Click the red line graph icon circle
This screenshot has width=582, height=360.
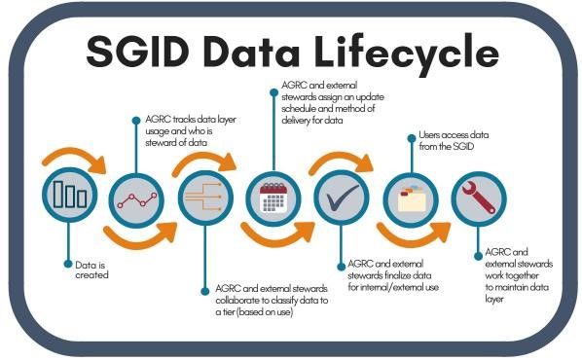pos(137,198)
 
